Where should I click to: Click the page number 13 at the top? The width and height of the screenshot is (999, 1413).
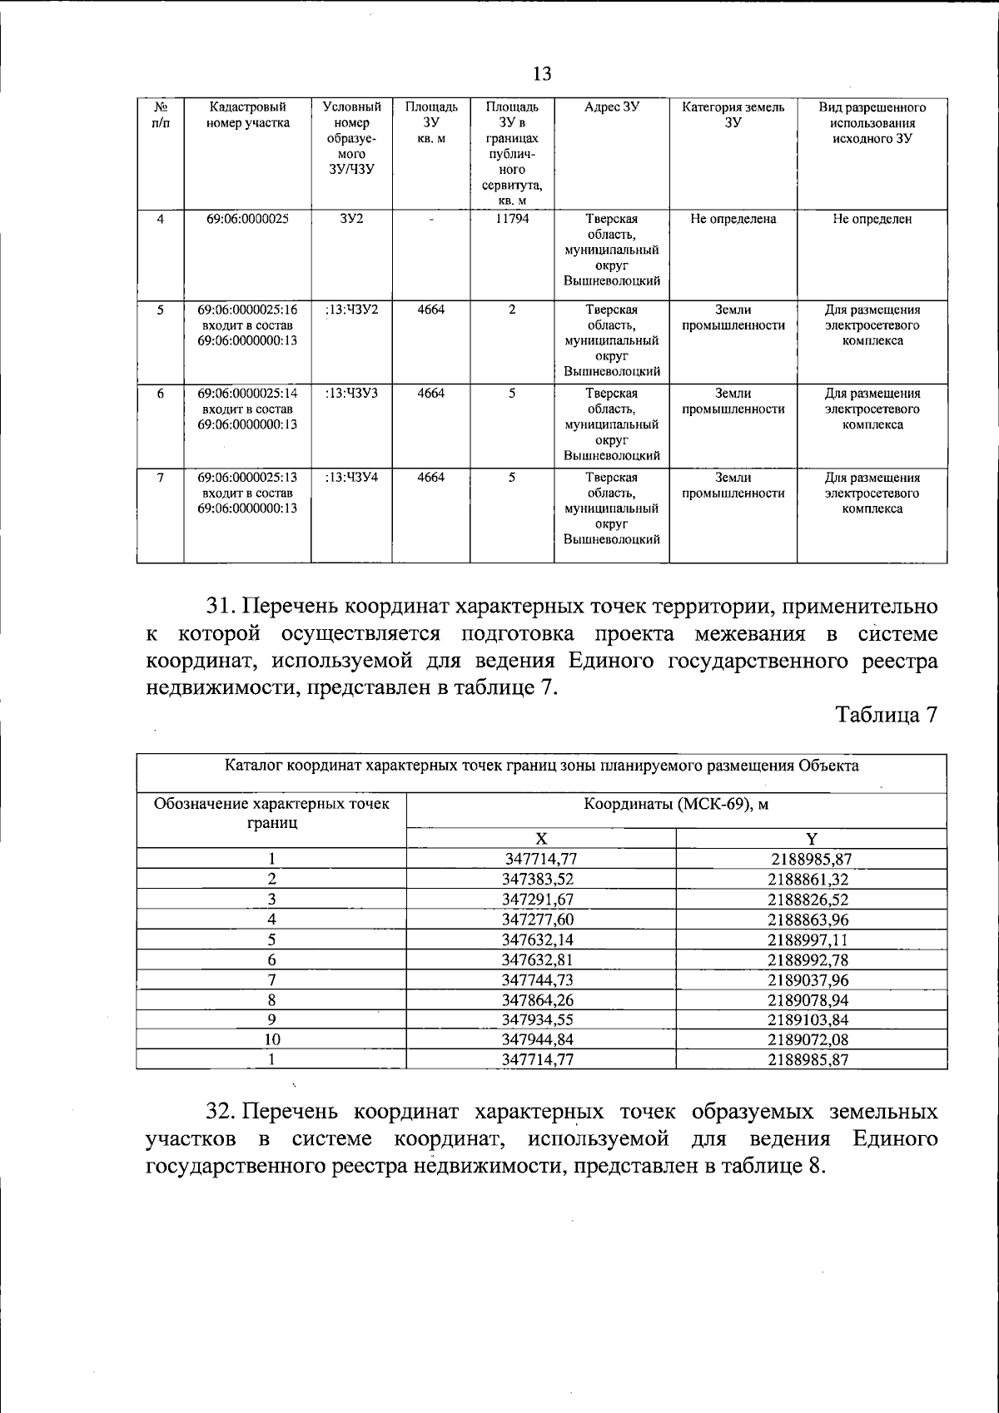pyautogui.click(x=541, y=74)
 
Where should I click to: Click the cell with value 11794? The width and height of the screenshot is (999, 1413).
pyautogui.click(x=512, y=219)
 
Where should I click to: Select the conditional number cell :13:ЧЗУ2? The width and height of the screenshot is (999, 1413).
pyautogui.click(x=351, y=310)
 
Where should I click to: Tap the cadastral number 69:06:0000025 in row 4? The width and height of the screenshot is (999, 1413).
pyautogui.click(x=247, y=219)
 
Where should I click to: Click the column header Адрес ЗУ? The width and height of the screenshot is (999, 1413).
pyautogui.click(x=611, y=107)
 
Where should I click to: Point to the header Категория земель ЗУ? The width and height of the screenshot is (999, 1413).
pyautogui.click(x=733, y=115)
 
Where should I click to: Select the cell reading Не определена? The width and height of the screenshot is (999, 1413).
pyautogui.click(x=733, y=219)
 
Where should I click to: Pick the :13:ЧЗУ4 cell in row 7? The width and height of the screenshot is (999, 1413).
pyautogui.click(x=351, y=478)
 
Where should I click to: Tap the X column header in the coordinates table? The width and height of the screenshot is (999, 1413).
pyautogui.click(x=540, y=839)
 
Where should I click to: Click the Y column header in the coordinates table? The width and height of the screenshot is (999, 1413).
pyautogui.click(x=811, y=839)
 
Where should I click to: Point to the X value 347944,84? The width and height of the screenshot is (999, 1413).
pyautogui.click(x=538, y=1039)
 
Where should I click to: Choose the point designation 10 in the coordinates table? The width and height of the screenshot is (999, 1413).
pyautogui.click(x=272, y=1039)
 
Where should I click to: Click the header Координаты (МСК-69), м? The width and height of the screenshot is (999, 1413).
pyautogui.click(x=675, y=805)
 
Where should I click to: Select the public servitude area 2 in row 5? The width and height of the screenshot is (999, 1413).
pyautogui.click(x=512, y=310)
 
